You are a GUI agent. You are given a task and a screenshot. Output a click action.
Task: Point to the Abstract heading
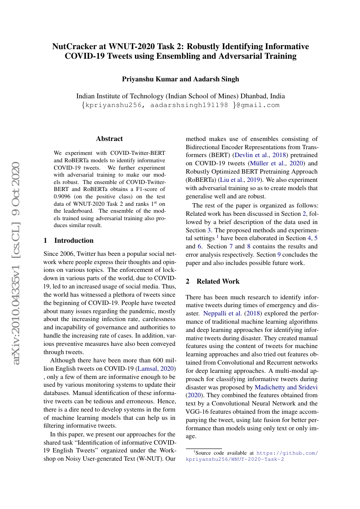(x=109, y=139)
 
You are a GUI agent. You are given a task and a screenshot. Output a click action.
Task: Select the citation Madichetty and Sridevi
(x=286, y=387)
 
